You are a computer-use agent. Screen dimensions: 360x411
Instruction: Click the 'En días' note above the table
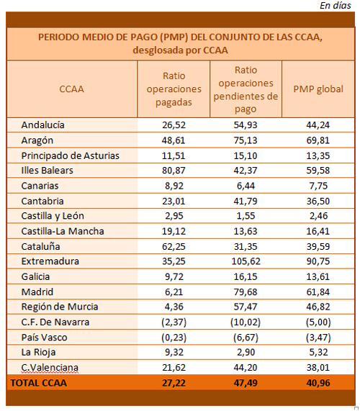pos(335,5)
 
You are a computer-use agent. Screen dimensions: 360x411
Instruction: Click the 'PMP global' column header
pos(318,89)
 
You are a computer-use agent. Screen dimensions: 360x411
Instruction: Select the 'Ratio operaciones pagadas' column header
pos(174,89)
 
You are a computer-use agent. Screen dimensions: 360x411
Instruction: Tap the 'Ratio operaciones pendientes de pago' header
pos(246,89)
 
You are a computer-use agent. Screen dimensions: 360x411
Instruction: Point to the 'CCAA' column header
pos(71,89)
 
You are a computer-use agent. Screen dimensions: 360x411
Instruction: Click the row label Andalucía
pos(42,125)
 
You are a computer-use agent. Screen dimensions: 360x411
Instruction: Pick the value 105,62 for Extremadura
pos(246,261)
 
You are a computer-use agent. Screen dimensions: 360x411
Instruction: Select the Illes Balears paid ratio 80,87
pos(174,171)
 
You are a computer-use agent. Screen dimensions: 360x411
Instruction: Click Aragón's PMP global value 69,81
pos(318,140)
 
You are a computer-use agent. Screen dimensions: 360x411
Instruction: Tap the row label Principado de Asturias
pos(71,155)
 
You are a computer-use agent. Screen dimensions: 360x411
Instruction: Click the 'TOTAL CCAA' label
pos(39,383)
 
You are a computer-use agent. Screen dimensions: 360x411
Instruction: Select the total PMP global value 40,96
pos(318,383)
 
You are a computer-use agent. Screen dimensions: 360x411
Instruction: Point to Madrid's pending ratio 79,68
pos(246,292)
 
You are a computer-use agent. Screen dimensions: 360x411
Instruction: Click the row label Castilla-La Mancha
pos(63,231)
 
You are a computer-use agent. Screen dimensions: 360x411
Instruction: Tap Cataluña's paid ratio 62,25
pos(174,247)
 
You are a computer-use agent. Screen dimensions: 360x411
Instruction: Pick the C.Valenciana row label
pos(50,368)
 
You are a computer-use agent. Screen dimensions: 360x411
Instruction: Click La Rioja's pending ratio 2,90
pos(246,352)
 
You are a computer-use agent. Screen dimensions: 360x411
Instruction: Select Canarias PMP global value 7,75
pos(318,186)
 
